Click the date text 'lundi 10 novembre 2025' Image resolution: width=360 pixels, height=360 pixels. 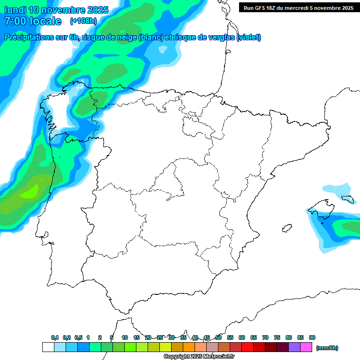[56, 10]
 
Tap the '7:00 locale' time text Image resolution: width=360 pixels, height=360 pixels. [32, 21]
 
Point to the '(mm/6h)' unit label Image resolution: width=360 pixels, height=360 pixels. [327, 348]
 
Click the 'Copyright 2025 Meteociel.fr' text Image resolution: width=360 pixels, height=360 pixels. [199, 357]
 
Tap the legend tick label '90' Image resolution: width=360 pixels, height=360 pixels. [312, 337]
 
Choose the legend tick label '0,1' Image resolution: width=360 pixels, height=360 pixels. [55, 337]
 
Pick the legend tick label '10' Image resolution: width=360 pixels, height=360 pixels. [125, 337]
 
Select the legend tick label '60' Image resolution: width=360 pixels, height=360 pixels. [242, 337]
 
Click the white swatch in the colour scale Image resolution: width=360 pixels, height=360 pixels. [48, 347]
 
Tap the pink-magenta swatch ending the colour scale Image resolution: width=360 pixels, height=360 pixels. [306, 347]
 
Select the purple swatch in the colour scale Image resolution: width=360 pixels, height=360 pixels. [294, 347]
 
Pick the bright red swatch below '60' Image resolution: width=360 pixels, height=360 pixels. [247, 347]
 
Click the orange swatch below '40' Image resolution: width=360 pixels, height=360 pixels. [189, 347]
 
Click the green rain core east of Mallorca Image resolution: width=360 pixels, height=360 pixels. [351, 227]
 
